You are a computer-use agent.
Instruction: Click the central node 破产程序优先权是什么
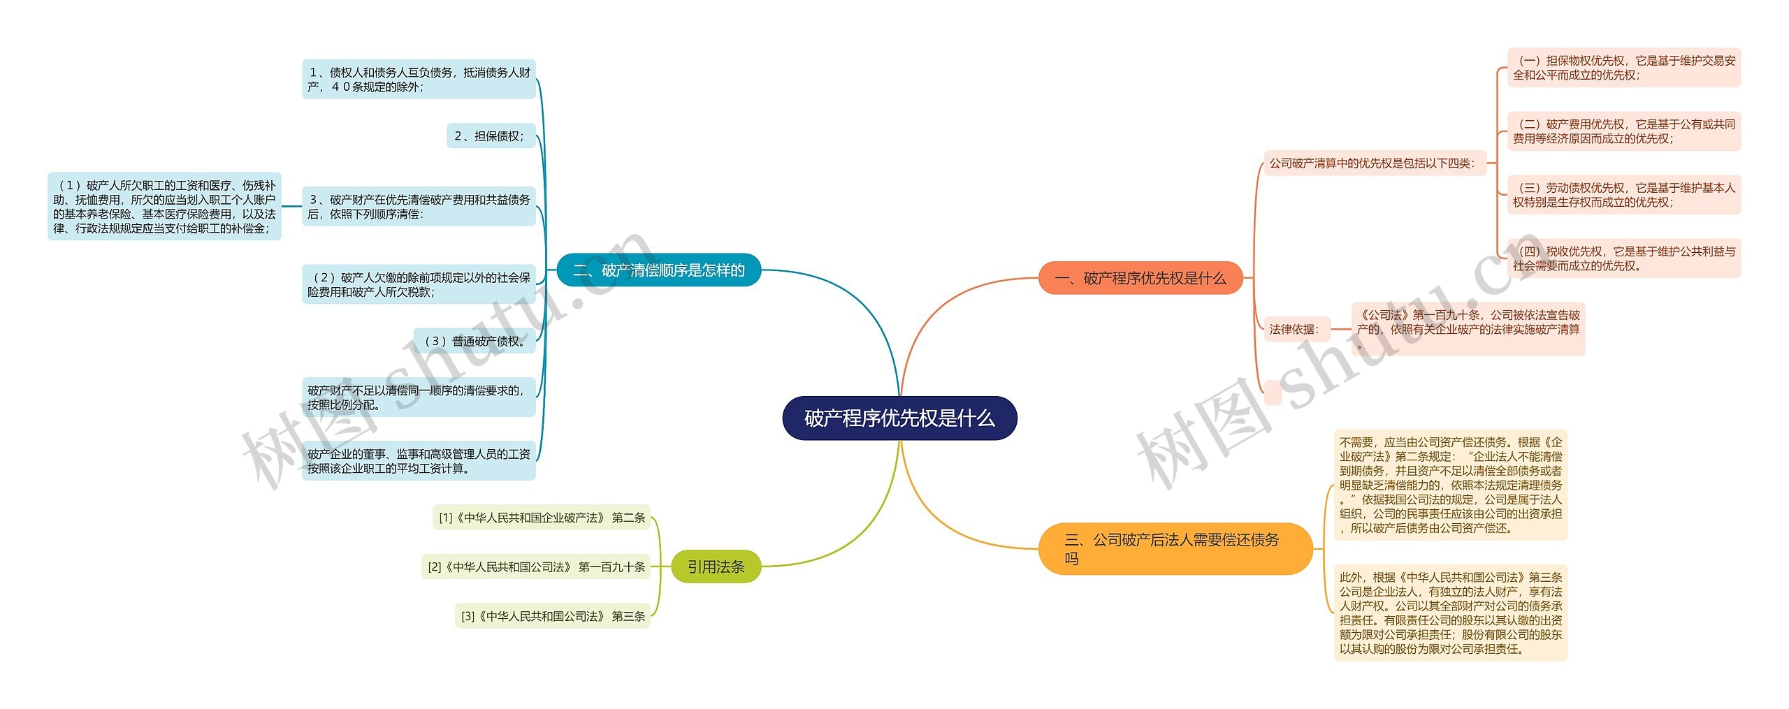(899, 418)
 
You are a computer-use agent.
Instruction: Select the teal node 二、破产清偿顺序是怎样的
(658, 270)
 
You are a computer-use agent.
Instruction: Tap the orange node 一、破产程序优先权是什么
(1140, 278)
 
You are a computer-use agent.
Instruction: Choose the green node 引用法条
(716, 567)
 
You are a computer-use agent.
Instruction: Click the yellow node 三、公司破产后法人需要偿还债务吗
(1175, 548)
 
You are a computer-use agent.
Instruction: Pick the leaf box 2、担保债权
(491, 136)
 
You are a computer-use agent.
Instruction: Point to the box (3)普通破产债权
(475, 341)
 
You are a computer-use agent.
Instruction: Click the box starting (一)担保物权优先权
(1623, 68)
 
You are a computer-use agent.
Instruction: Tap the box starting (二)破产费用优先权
(1623, 131)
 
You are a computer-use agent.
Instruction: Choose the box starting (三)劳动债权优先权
(1623, 195)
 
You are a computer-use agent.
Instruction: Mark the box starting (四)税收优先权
(1623, 258)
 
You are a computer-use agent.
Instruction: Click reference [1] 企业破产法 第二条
(542, 518)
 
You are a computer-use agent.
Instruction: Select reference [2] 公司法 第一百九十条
(536, 567)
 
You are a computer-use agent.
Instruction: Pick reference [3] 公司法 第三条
(553, 616)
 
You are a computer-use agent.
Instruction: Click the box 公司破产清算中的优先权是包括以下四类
(1374, 163)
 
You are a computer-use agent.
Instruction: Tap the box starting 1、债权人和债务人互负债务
(419, 80)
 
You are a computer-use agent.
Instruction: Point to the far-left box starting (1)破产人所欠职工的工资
(164, 207)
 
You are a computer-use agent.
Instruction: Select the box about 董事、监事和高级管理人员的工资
(419, 461)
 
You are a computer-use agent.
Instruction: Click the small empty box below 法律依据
(1273, 393)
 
